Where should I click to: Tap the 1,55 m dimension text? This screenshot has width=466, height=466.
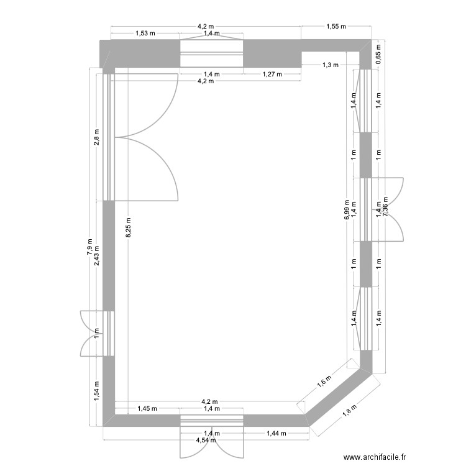point(336,27)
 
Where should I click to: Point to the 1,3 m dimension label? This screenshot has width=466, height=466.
point(331,65)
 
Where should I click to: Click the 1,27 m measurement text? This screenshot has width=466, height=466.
point(272,74)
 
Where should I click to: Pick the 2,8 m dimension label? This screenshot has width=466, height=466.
point(96,137)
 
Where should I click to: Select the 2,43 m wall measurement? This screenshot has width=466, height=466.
point(96,254)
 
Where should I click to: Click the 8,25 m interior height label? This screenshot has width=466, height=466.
point(129,227)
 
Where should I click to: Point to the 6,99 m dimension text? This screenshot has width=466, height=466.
point(347,211)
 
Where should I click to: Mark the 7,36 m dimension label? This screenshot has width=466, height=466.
point(385,211)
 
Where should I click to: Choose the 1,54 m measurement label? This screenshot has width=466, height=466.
point(96,391)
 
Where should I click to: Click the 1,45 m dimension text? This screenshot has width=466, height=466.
point(147,408)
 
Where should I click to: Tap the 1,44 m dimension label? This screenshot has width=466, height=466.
point(276,433)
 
